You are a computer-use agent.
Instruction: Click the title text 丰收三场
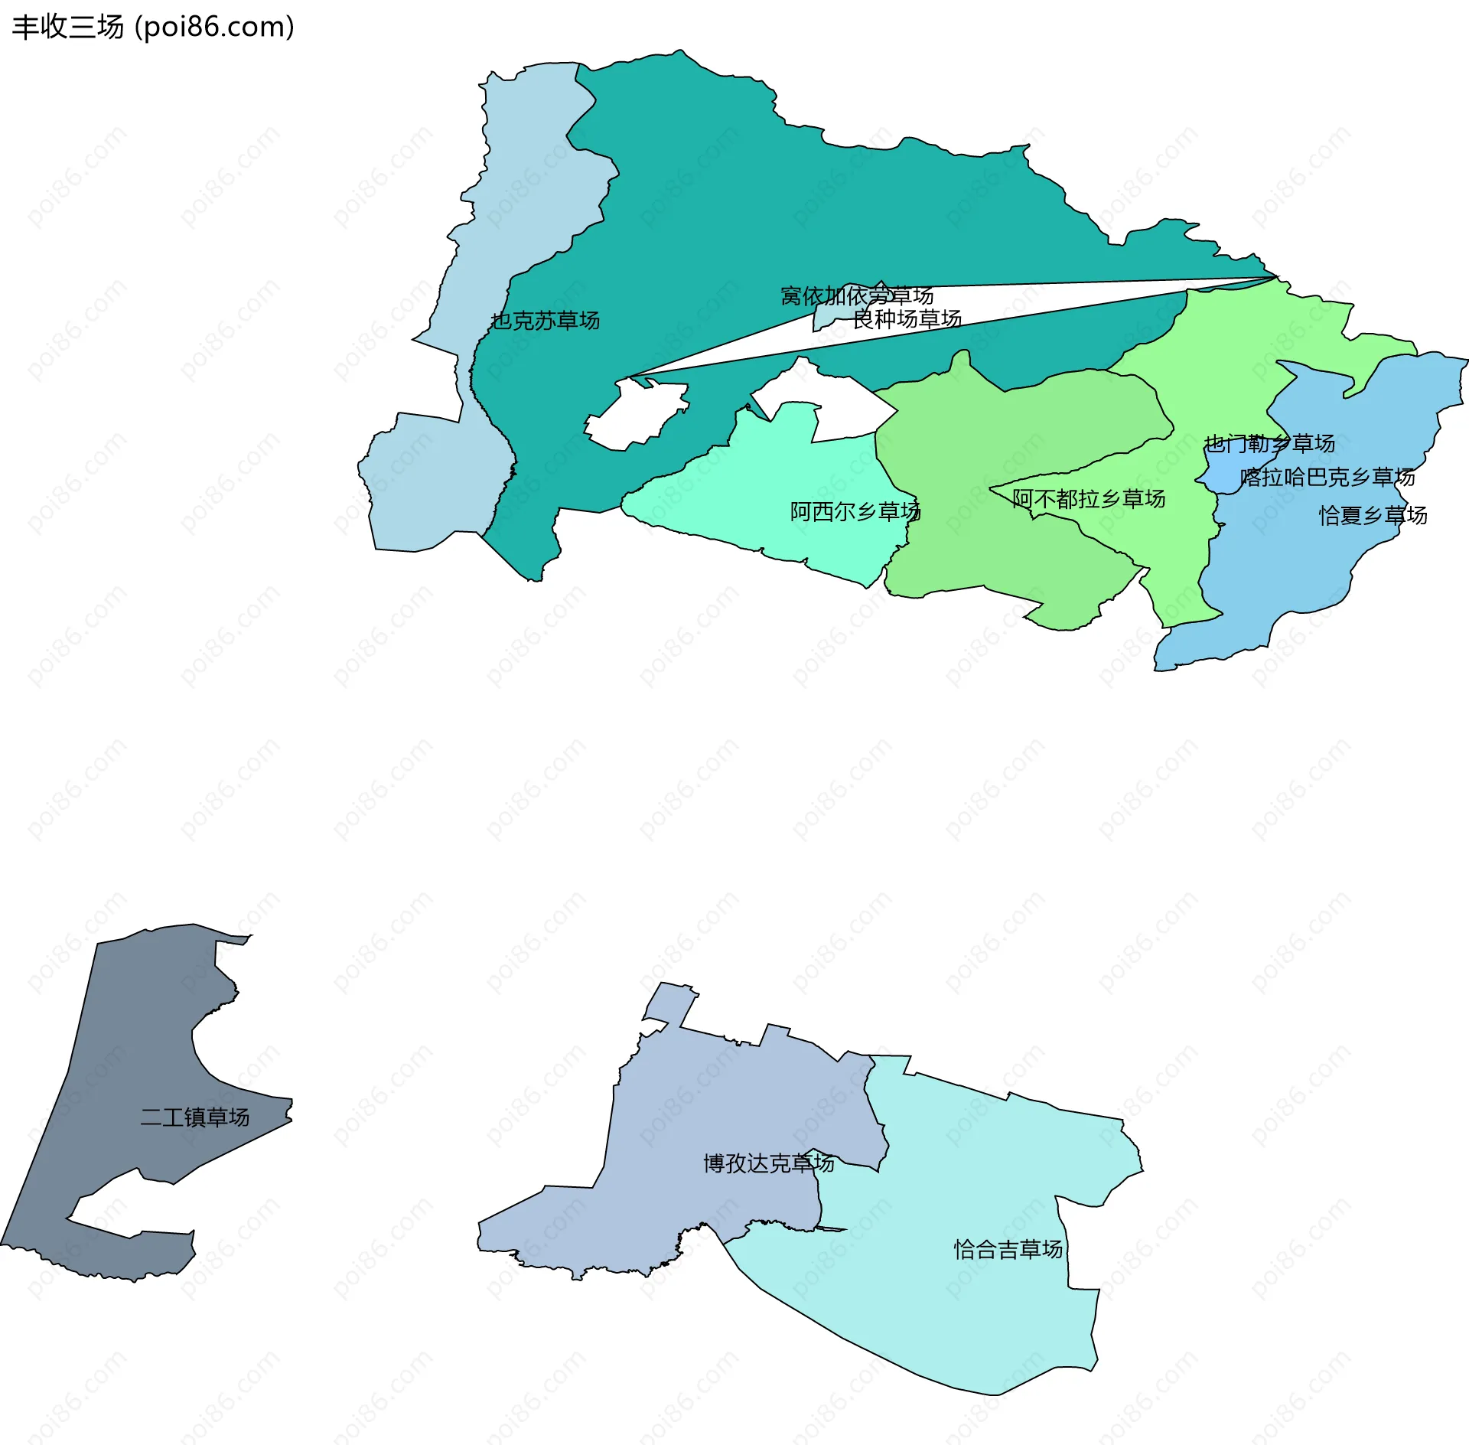[67, 28]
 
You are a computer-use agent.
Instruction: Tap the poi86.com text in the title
[215, 28]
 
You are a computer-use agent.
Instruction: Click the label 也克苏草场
[545, 321]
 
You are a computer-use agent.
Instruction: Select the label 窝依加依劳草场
[856, 295]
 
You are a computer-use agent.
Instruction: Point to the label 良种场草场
[907, 319]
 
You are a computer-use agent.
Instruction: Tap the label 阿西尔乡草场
[855, 511]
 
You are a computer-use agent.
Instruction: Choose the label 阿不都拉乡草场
[1088, 499]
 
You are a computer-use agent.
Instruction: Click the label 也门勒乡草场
[1269, 443]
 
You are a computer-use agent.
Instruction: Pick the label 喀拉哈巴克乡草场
[1327, 478]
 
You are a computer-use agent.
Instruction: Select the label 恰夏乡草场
[1373, 515]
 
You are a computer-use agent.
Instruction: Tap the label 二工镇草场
[194, 1117]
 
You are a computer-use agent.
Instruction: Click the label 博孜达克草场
[768, 1163]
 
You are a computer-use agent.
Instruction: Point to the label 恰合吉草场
[1008, 1250]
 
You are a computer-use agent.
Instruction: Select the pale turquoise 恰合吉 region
[956, 1316]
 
